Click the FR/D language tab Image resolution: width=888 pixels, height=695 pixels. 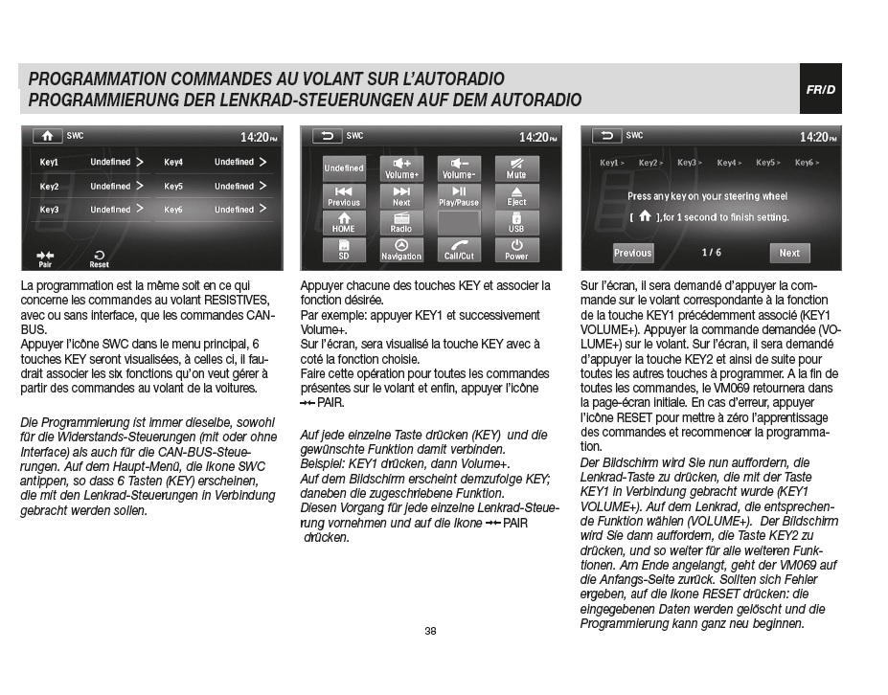point(820,89)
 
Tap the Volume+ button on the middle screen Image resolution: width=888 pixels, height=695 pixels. point(401,168)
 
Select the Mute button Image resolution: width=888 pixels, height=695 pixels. point(516,168)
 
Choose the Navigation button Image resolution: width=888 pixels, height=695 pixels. point(401,250)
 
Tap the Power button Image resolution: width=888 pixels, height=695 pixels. point(516,250)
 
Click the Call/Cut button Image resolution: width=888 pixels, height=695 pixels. point(459,250)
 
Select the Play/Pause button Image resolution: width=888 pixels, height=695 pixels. point(459,196)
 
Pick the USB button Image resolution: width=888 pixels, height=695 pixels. point(516,223)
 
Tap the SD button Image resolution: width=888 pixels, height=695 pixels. point(344,250)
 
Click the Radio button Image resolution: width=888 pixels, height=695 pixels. point(401,223)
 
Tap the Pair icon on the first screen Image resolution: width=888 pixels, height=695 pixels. point(45,258)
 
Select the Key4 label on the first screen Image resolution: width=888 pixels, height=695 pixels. point(173,162)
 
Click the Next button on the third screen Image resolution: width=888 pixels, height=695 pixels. point(789,253)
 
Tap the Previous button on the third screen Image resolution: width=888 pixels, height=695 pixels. point(632,253)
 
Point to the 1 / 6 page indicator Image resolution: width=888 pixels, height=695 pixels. point(711,253)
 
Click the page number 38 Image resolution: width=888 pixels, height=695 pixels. point(430,631)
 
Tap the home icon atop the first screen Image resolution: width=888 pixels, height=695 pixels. point(47,136)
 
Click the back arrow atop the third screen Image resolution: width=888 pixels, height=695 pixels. point(606,136)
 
